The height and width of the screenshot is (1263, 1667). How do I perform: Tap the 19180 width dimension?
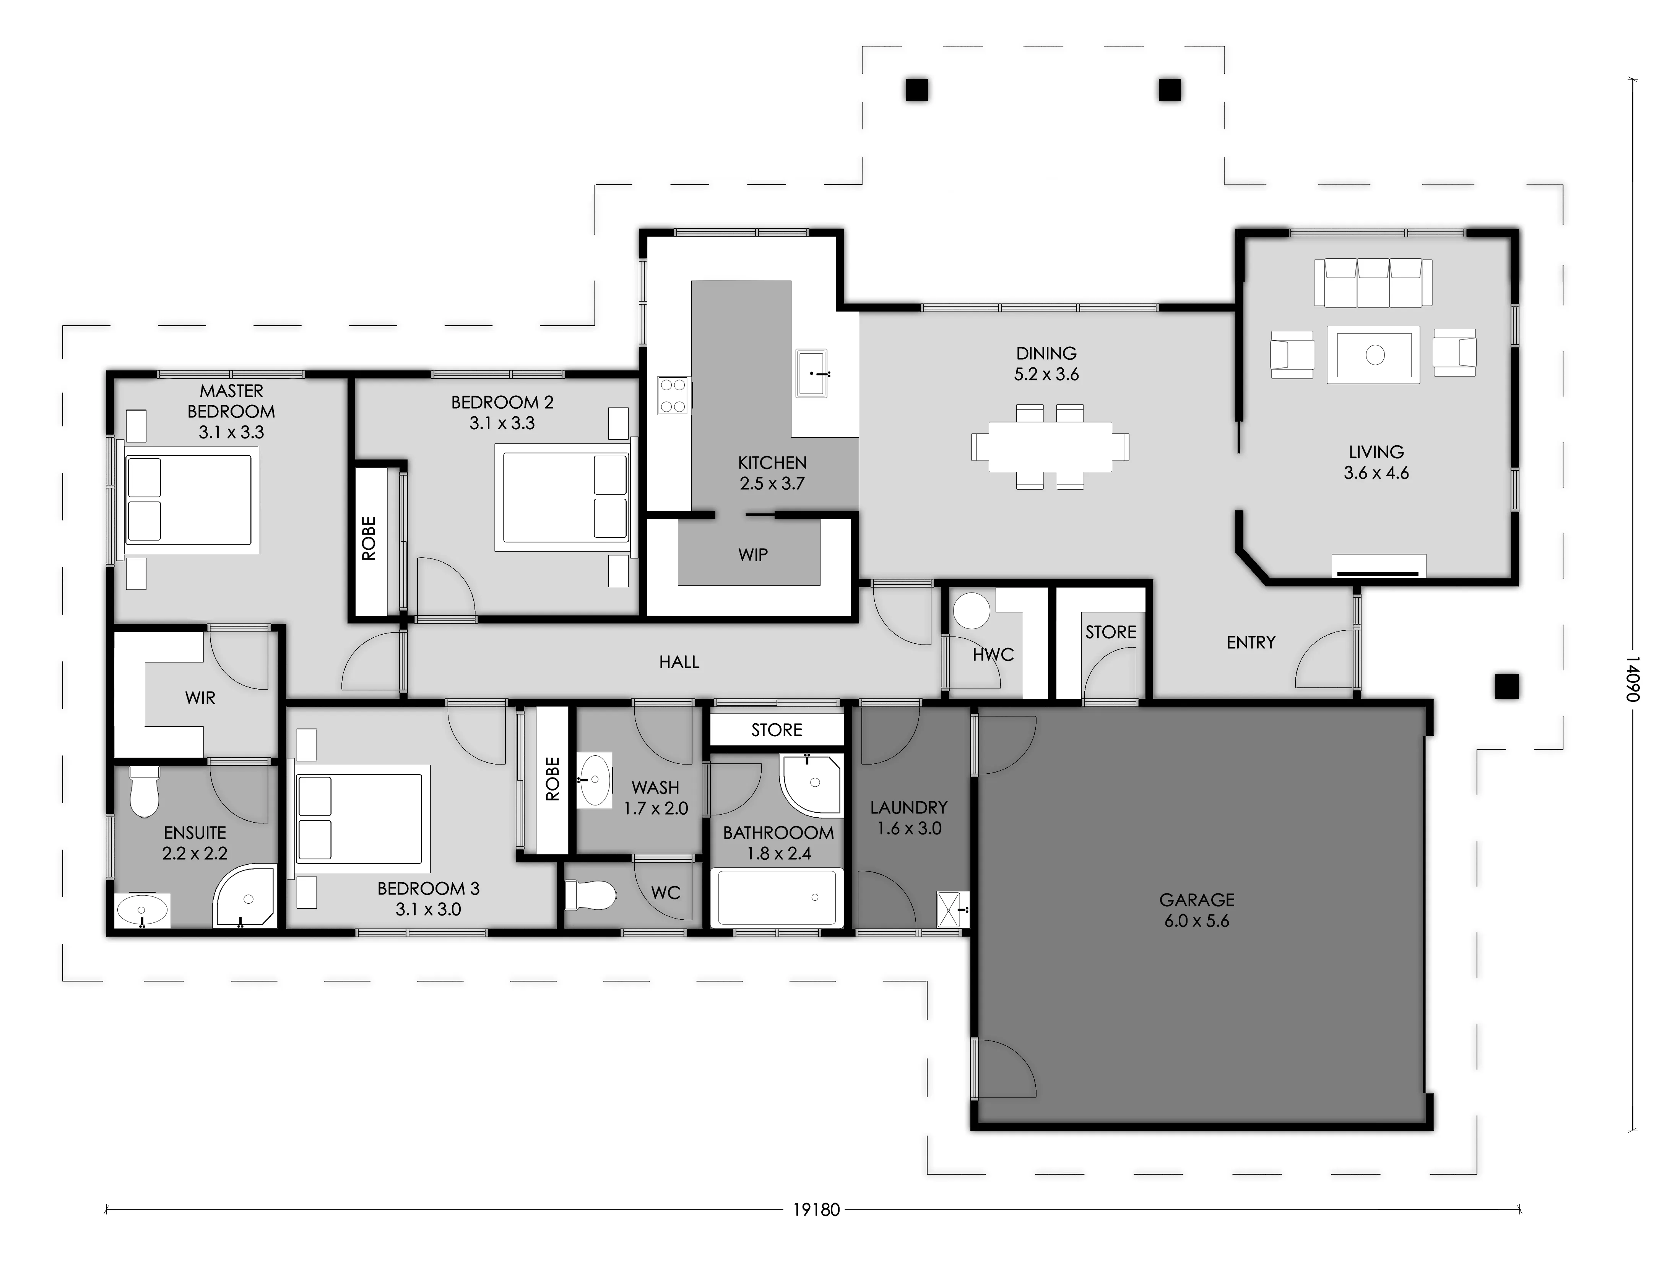tap(816, 1231)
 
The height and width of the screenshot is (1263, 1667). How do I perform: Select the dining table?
tap(1050, 446)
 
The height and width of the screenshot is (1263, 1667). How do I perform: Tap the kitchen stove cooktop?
tap(673, 395)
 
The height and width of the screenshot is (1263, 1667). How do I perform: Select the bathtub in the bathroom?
tap(777, 898)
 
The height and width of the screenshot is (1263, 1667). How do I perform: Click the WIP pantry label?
tap(753, 555)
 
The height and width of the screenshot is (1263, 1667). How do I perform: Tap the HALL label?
tap(679, 662)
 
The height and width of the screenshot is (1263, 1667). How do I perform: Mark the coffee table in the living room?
tap(1374, 354)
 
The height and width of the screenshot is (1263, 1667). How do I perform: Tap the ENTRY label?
tap(1251, 642)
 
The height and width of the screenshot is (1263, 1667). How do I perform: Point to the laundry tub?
tap(951, 909)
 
